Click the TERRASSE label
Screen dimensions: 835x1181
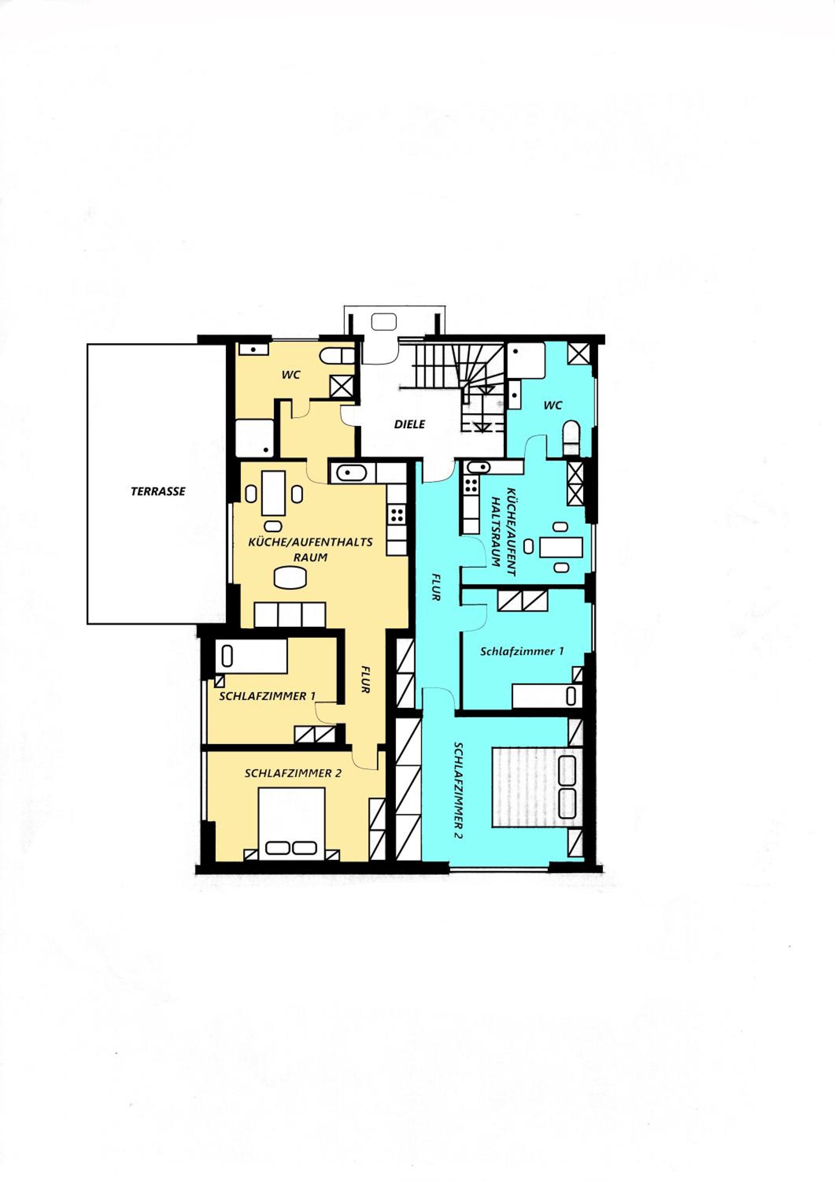(x=158, y=491)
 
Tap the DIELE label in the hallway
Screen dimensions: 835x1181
(x=409, y=424)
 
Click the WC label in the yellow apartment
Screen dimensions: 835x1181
(x=291, y=375)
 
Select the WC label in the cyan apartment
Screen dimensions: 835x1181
(x=553, y=405)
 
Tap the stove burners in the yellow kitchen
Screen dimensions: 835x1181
(x=396, y=515)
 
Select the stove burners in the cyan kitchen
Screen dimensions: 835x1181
(x=471, y=485)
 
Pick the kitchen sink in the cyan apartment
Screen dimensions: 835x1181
(x=478, y=467)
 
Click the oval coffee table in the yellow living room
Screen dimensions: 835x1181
(x=290, y=577)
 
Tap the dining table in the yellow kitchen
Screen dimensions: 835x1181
(x=273, y=493)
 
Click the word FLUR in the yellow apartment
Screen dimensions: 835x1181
(x=365, y=679)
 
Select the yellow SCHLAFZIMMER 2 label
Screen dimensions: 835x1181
(x=292, y=774)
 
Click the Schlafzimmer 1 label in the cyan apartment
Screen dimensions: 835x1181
(x=522, y=651)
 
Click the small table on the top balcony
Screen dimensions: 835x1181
(x=384, y=322)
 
